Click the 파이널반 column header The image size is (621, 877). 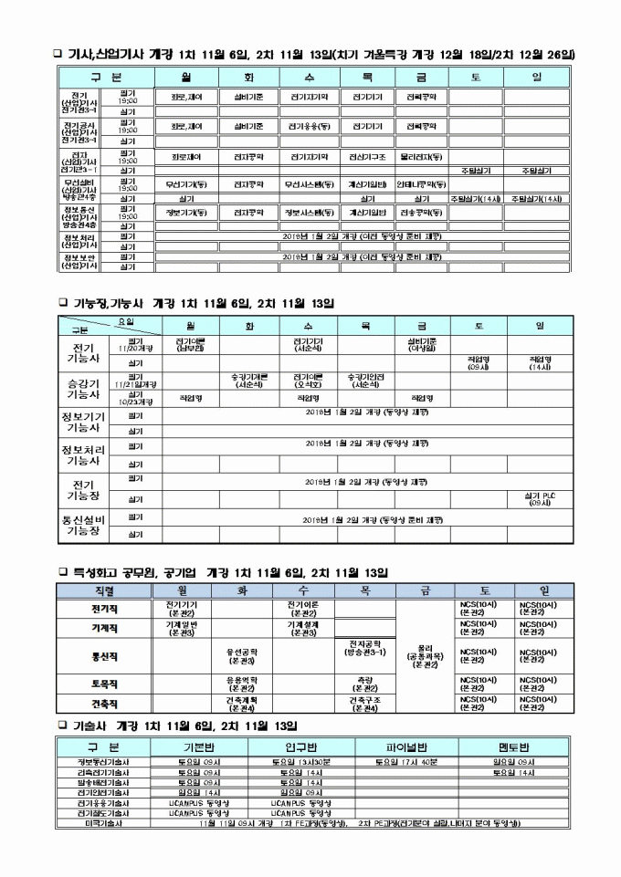point(406,746)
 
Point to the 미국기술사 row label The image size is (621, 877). point(103,823)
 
